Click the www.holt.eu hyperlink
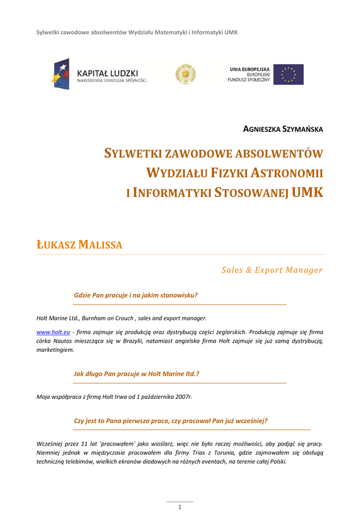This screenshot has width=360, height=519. tap(53, 331)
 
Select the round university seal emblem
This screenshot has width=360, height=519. tap(185, 75)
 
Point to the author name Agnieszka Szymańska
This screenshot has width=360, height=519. tap(283, 129)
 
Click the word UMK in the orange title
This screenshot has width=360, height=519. tap(308, 192)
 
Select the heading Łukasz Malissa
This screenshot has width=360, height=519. tap(80, 245)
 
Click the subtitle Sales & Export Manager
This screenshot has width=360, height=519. tap(272, 270)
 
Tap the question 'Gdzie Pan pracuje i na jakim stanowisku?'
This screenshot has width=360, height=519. tap(135, 294)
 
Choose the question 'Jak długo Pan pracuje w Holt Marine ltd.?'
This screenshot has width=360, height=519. tap(136, 374)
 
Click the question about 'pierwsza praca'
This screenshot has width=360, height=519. tap(170, 421)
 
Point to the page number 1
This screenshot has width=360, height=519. tap(179, 507)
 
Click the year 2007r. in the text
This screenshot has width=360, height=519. tap(184, 397)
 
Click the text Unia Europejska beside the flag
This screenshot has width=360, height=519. tap(249, 69)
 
